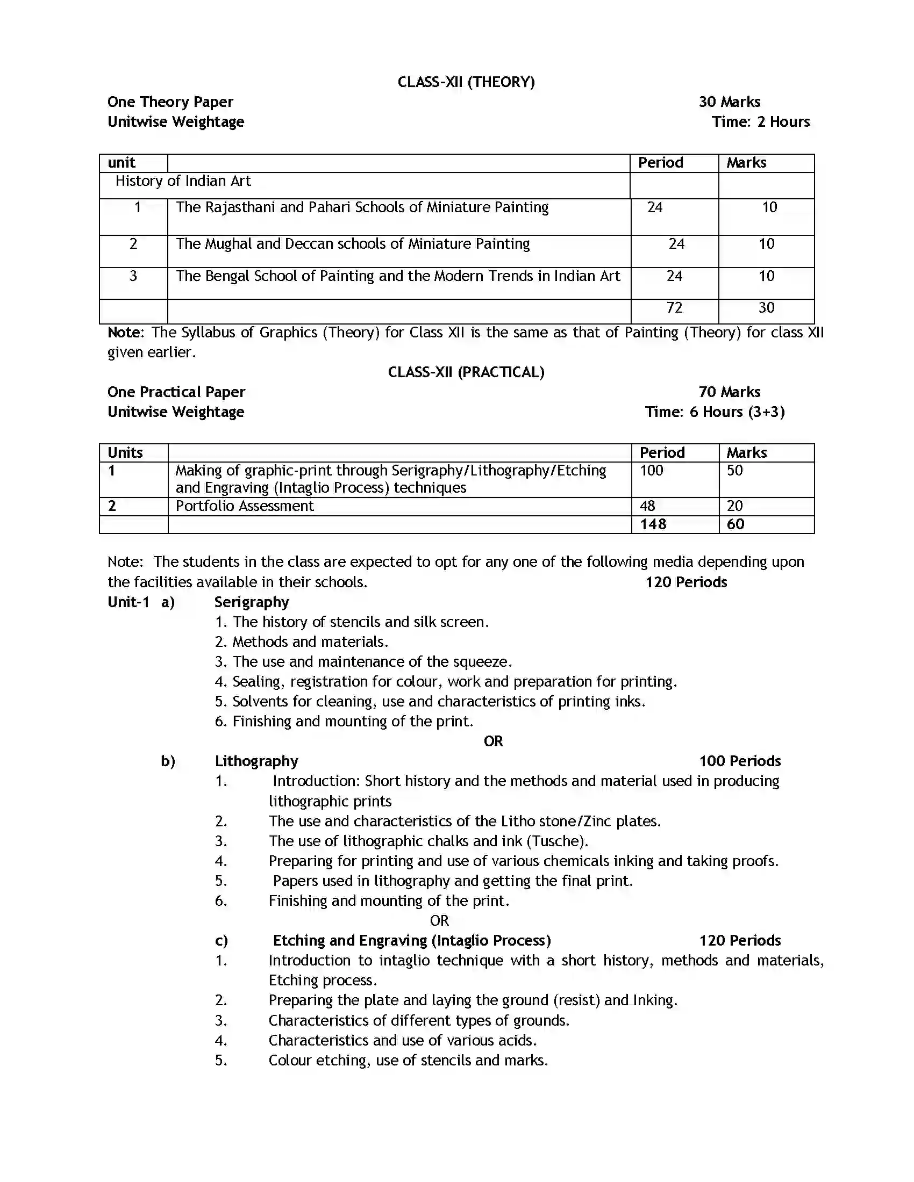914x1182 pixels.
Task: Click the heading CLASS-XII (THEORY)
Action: pyautogui.click(x=466, y=82)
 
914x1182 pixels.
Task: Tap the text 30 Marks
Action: pyautogui.click(x=729, y=102)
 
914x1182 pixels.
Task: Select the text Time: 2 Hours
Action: pyautogui.click(x=760, y=122)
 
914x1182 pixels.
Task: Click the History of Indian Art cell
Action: pyautogui.click(x=183, y=181)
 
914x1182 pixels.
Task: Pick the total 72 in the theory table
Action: pyautogui.click(x=674, y=308)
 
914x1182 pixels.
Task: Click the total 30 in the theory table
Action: pyautogui.click(x=766, y=308)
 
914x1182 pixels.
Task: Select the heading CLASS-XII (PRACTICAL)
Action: pyautogui.click(x=466, y=372)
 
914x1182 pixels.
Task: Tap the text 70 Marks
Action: pyautogui.click(x=729, y=392)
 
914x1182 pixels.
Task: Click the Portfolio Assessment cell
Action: pyautogui.click(x=245, y=506)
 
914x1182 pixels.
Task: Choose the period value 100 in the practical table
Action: pyautogui.click(x=652, y=471)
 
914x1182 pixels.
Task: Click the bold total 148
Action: pyautogui.click(x=653, y=524)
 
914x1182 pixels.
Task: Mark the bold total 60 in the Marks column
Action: pyautogui.click(x=736, y=524)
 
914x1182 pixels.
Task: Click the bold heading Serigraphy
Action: pyautogui.click(x=251, y=602)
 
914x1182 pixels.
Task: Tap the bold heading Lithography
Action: pyautogui.click(x=256, y=761)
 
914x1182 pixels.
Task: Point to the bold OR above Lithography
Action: pyautogui.click(x=492, y=741)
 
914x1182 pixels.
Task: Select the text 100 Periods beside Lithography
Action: pyautogui.click(x=740, y=761)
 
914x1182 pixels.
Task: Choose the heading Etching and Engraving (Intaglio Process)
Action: pyautogui.click(x=411, y=941)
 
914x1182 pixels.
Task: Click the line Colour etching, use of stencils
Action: pyautogui.click(x=408, y=1060)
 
